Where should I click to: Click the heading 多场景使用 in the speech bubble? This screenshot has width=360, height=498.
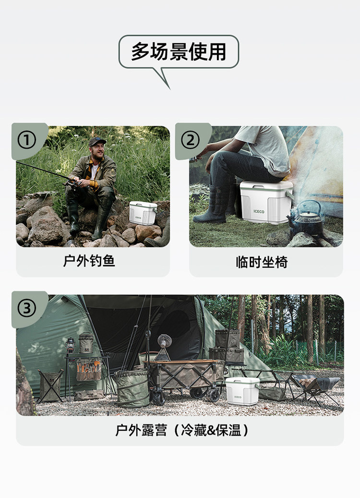(x=179, y=51)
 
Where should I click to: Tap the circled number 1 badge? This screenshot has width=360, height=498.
(x=27, y=140)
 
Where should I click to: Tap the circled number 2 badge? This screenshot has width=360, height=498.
(x=191, y=140)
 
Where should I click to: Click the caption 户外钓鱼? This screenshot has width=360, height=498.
(x=89, y=261)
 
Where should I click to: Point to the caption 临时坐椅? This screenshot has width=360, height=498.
(x=262, y=262)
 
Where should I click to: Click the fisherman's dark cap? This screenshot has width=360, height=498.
(x=97, y=141)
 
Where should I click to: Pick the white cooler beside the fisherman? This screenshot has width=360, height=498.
(x=143, y=213)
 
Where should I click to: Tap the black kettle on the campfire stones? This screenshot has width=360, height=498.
(x=307, y=219)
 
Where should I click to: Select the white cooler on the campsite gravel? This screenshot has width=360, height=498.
(x=242, y=390)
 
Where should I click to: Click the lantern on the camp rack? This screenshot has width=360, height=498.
(x=71, y=345)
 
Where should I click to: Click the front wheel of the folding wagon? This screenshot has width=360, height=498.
(x=158, y=398)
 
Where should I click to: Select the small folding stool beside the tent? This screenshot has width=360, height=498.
(x=50, y=386)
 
